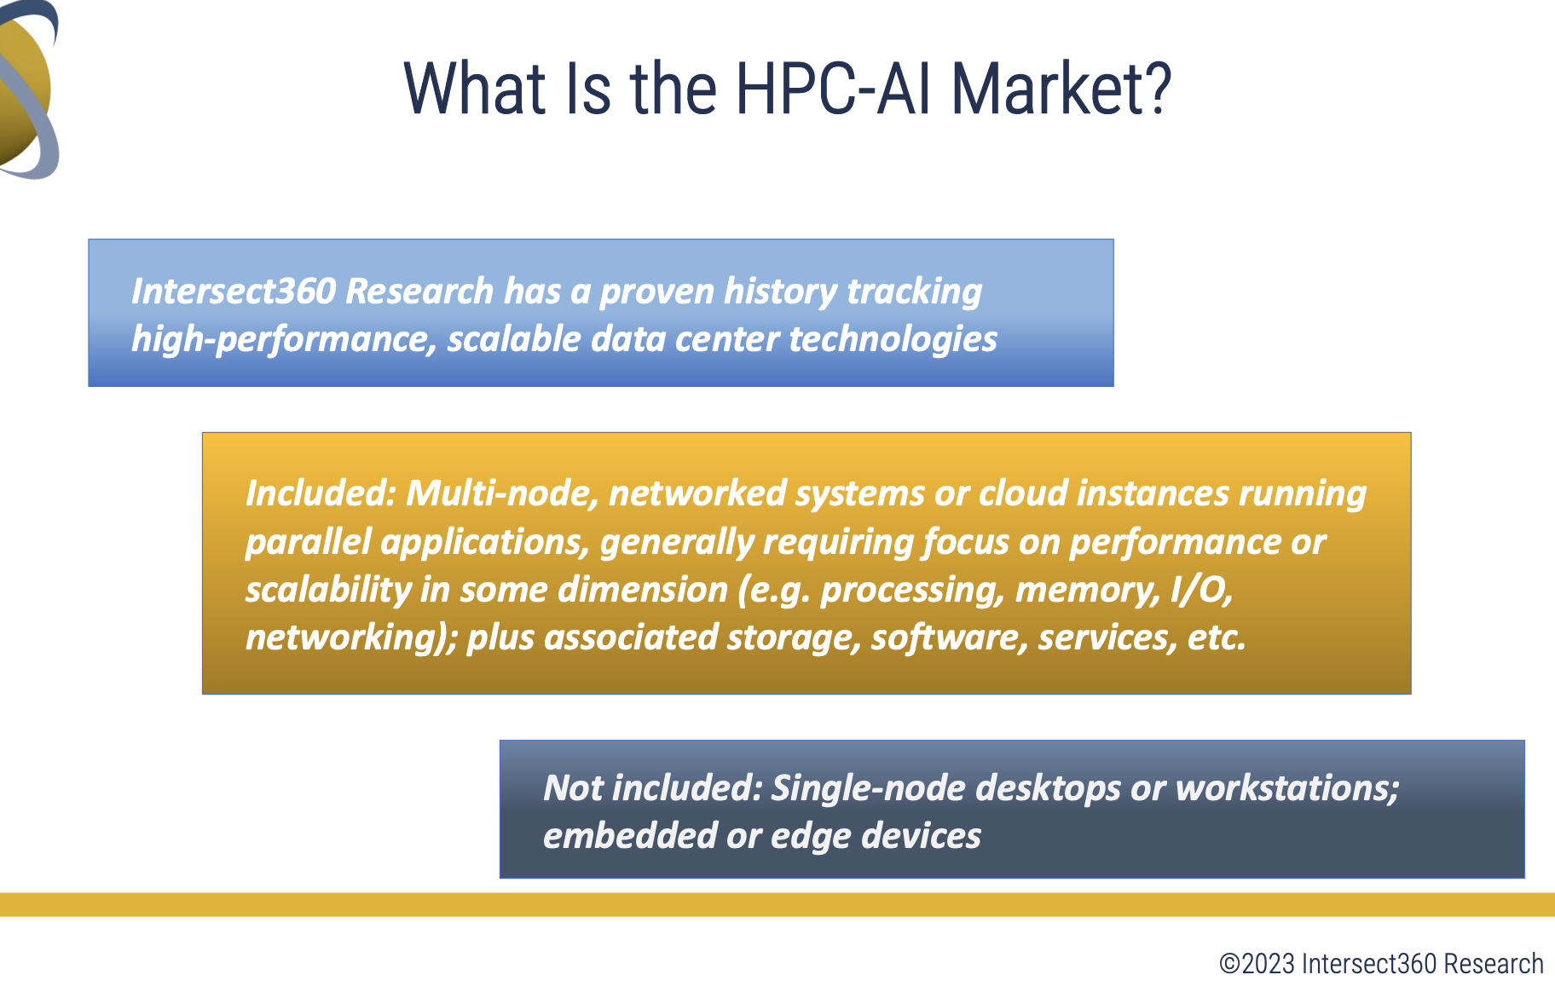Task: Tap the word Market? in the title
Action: (1061, 89)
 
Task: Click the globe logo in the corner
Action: (29, 89)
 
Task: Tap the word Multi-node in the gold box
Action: (501, 494)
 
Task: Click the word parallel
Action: (309, 543)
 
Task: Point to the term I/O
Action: (1202, 590)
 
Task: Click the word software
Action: (949, 638)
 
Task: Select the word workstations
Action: (1287, 788)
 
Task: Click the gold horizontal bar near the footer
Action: (777, 905)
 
